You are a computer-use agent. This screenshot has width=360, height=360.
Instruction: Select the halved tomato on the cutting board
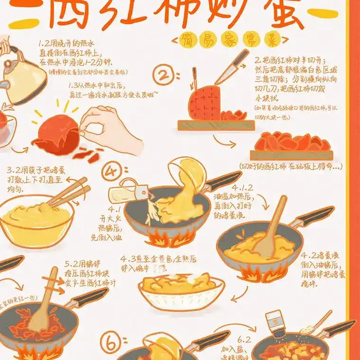point(204,101)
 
